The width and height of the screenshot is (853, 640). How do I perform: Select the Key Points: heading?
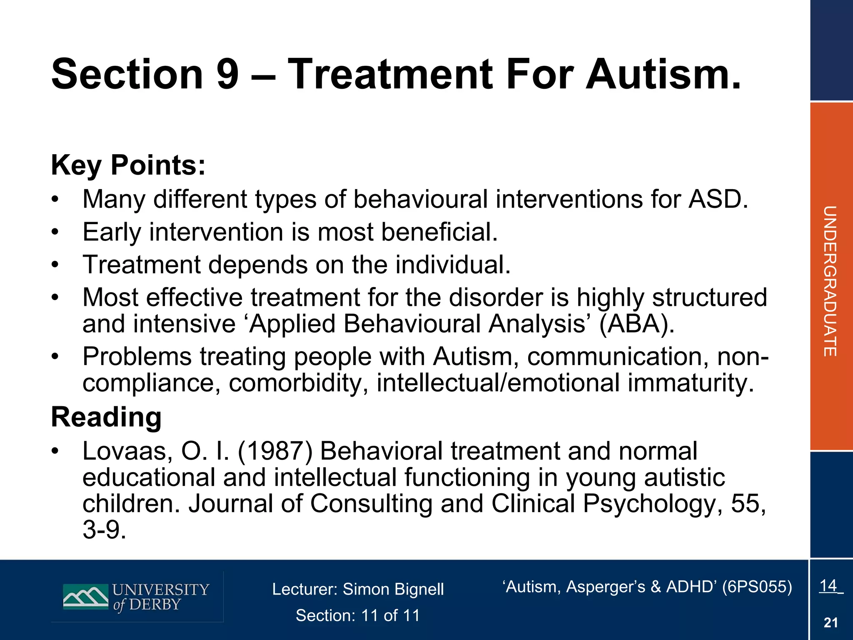tap(128, 165)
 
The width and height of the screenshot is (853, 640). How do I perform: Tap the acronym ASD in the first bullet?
tap(717, 199)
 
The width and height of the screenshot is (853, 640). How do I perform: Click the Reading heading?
tap(106, 417)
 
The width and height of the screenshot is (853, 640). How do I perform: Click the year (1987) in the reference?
tap(275, 451)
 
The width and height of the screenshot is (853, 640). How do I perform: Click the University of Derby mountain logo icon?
tap(85, 597)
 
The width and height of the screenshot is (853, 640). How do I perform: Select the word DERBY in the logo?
tap(155, 605)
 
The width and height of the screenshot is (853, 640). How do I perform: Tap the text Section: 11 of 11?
tap(358, 615)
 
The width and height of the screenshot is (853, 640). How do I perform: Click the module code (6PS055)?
tap(757, 587)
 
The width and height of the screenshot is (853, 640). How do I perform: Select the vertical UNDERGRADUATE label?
tap(830, 281)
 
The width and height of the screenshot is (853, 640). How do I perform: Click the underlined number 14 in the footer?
tap(828, 585)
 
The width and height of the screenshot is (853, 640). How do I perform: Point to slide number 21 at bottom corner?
tap(831, 623)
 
